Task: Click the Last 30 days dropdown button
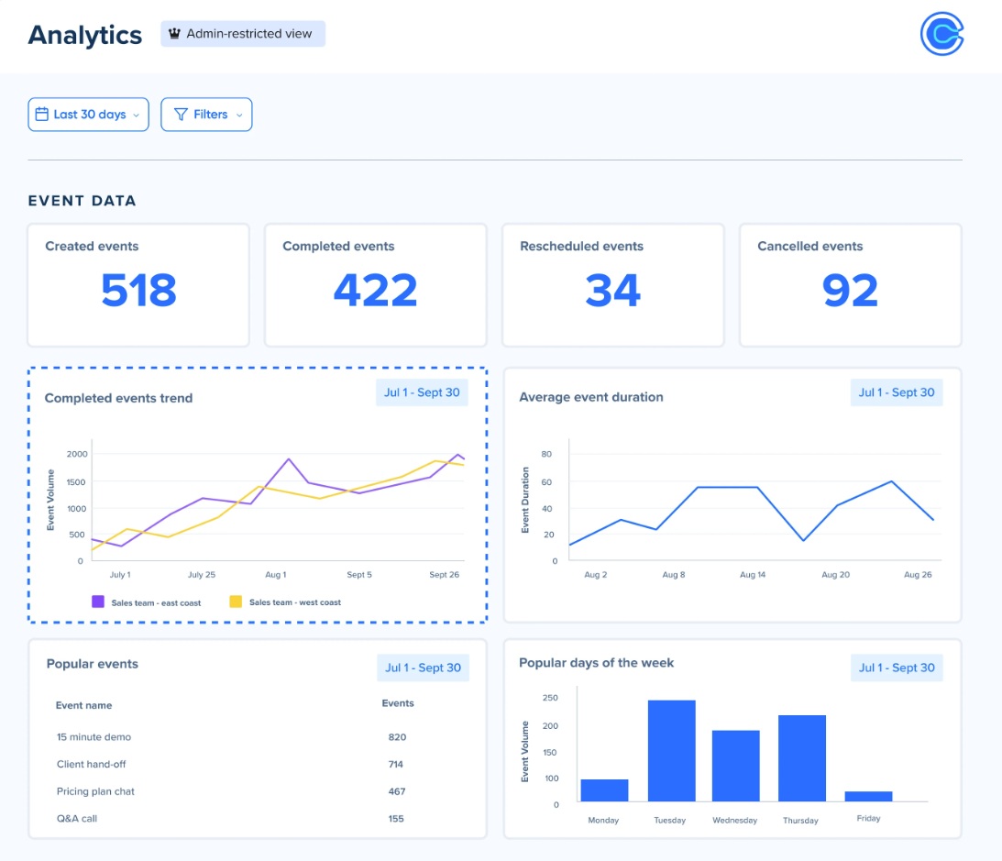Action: click(x=88, y=115)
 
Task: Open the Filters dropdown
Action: click(x=206, y=115)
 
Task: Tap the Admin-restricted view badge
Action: click(x=243, y=34)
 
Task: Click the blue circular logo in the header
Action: click(x=942, y=35)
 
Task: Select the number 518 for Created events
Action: click(x=138, y=290)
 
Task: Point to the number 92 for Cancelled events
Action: click(x=850, y=290)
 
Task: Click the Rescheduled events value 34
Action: click(x=612, y=290)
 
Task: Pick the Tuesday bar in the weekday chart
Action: click(x=671, y=751)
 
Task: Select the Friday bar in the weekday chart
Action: click(x=868, y=796)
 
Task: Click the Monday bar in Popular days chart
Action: click(x=604, y=790)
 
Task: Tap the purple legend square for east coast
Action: click(x=97, y=602)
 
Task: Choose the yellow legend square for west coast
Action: click(x=236, y=602)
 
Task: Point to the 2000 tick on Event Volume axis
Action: click(x=77, y=454)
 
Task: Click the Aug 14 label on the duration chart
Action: click(x=753, y=575)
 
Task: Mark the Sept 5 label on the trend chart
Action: click(x=359, y=575)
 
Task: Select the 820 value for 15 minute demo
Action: click(x=397, y=737)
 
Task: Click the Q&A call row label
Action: click(x=77, y=819)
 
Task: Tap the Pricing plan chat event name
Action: click(x=95, y=791)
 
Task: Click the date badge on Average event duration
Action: click(x=896, y=392)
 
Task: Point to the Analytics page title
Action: click(x=85, y=35)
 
